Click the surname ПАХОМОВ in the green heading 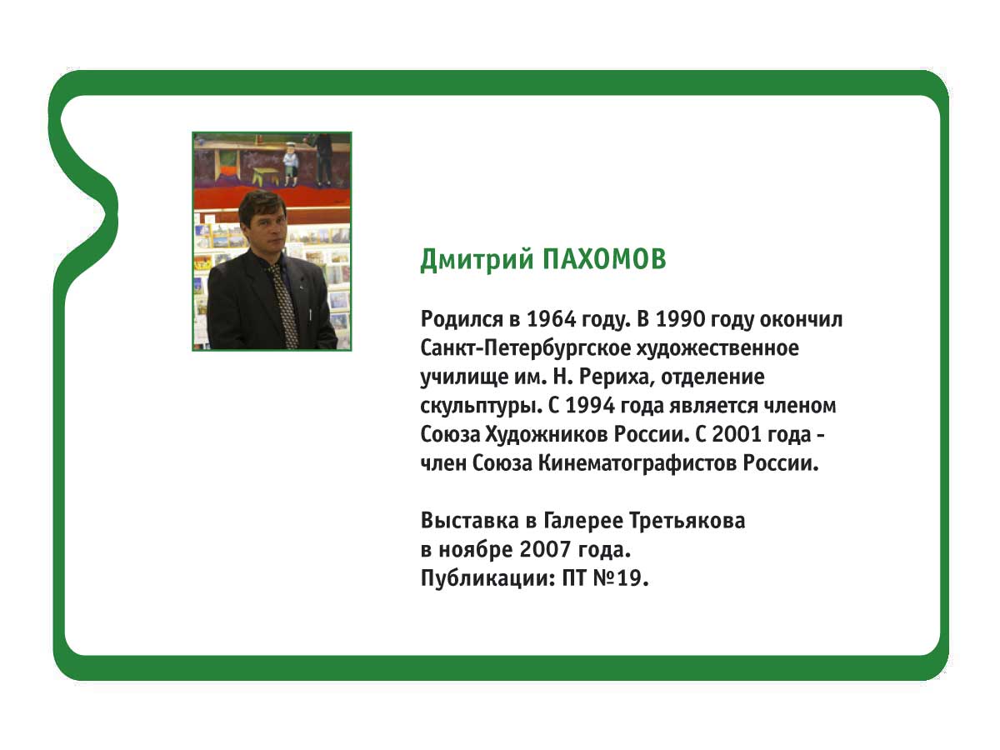tap(604, 259)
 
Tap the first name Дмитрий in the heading tap(477, 261)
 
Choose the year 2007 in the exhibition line tap(545, 549)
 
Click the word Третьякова tap(687, 521)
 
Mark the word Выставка tap(470, 521)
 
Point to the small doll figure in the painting tap(290, 164)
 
